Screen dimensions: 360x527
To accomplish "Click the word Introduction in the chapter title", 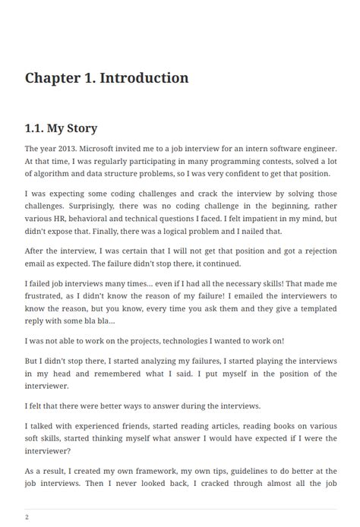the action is tap(144, 78).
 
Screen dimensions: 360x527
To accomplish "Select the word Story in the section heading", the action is tap(82, 128).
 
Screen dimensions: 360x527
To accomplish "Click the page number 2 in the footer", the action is tap(27, 517).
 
